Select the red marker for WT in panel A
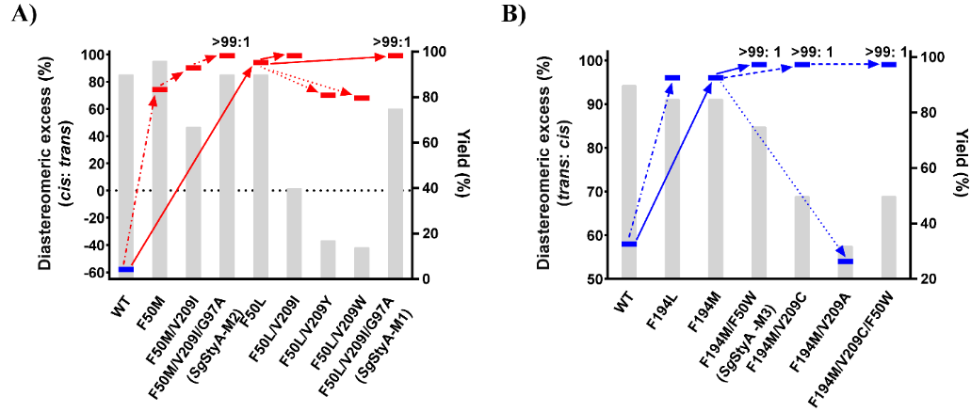point(125,269)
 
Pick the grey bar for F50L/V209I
point(294,233)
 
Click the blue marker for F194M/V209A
point(845,261)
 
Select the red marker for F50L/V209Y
point(328,95)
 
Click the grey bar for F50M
point(159,169)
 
